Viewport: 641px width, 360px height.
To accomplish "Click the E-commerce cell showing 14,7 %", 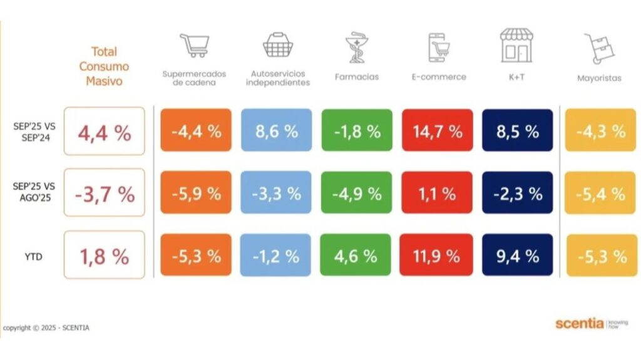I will click(437, 131).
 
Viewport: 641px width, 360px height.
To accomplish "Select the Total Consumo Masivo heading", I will click(104, 66).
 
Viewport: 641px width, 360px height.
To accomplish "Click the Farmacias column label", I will click(356, 78).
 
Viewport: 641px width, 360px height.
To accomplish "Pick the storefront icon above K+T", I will click(516, 45).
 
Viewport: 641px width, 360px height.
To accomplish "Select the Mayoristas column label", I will click(599, 78).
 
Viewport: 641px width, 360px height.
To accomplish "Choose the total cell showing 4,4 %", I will click(104, 131).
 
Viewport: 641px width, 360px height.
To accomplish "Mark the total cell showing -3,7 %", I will click(104, 193).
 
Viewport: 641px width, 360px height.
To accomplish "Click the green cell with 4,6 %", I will click(356, 255).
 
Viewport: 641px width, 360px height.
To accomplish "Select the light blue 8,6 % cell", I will click(276, 131).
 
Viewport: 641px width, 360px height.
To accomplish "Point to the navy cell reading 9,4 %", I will click(517, 255).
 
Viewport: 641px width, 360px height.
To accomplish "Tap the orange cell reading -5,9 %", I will click(195, 193).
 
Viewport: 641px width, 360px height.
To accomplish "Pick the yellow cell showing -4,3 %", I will click(600, 131).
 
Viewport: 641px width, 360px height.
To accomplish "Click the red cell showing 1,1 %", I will click(437, 193).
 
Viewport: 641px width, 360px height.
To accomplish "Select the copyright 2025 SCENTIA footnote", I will click(45, 327).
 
